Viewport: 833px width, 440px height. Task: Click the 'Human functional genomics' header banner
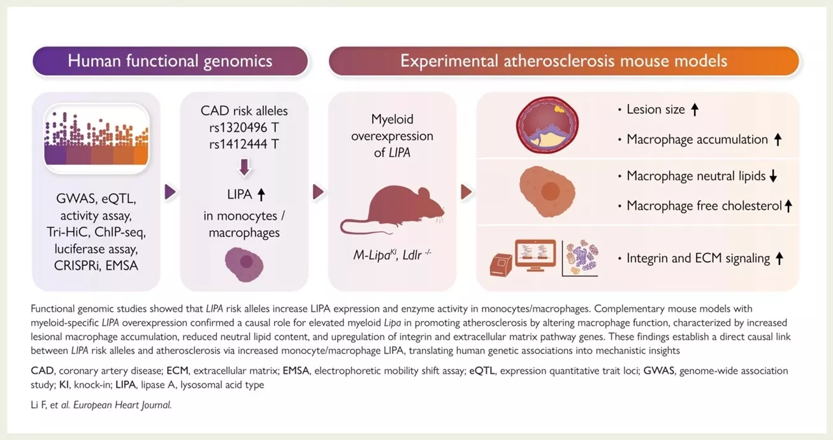click(x=170, y=62)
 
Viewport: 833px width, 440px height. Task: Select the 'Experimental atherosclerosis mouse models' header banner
click(x=563, y=62)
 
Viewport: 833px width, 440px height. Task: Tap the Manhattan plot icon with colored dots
click(x=96, y=139)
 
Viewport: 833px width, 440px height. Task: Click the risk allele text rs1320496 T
click(x=244, y=127)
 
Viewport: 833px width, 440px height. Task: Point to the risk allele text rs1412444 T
click(x=244, y=144)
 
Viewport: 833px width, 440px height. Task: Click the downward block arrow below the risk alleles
click(x=244, y=167)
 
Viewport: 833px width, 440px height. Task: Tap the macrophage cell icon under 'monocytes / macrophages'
click(x=244, y=262)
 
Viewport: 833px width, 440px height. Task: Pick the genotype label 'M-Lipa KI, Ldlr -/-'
click(x=392, y=255)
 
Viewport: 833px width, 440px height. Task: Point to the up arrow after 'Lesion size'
click(x=695, y=110)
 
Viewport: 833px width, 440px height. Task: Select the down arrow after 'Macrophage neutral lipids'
click(x=773, y=176)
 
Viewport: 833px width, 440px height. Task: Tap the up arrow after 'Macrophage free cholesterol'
click(x=788, y=206)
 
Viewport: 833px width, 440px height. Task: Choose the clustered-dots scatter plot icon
click(x=581, y=256)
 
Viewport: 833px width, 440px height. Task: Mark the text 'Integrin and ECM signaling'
click(x=698, y=258)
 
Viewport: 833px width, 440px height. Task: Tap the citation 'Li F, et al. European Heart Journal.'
click(x=101, y=404)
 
